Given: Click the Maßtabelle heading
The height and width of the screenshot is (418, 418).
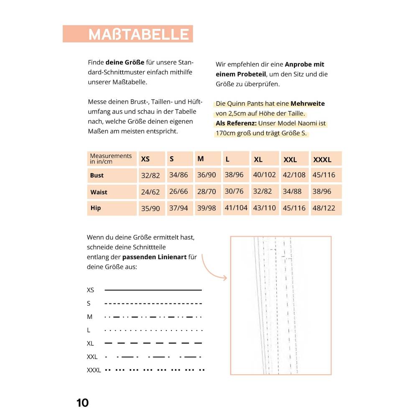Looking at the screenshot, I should pos(138,34).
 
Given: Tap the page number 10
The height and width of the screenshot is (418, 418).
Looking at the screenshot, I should pos(82,403).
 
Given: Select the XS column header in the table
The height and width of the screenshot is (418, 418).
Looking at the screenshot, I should pos(145,159).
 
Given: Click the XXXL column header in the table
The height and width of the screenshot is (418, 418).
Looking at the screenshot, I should pos(322,159).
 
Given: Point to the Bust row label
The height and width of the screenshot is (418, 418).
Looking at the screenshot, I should pos(97,176).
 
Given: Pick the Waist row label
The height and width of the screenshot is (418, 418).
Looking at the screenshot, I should pos(99,192).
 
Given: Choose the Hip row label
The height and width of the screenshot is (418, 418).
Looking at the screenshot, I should pos(96,208).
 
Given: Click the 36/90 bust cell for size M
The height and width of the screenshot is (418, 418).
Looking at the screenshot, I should pos(206,175).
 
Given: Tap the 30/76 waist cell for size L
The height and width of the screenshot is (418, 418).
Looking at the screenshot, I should pos(234,191).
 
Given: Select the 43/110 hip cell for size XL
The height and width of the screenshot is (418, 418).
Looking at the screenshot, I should pos(265,208).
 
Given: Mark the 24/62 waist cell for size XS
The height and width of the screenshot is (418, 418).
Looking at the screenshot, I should pos(150,192).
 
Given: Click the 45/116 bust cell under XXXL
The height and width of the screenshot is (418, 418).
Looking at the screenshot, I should pos(324,175).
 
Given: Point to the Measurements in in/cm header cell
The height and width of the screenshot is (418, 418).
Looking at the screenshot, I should pos(111,158).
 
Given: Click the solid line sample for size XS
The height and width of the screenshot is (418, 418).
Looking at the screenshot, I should pos(153,290).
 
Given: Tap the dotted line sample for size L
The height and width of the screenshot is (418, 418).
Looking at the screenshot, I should pos(153,330).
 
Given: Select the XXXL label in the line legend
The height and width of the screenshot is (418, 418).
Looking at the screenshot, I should pos(94,370).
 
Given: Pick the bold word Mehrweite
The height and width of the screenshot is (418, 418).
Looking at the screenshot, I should pos(308,104).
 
